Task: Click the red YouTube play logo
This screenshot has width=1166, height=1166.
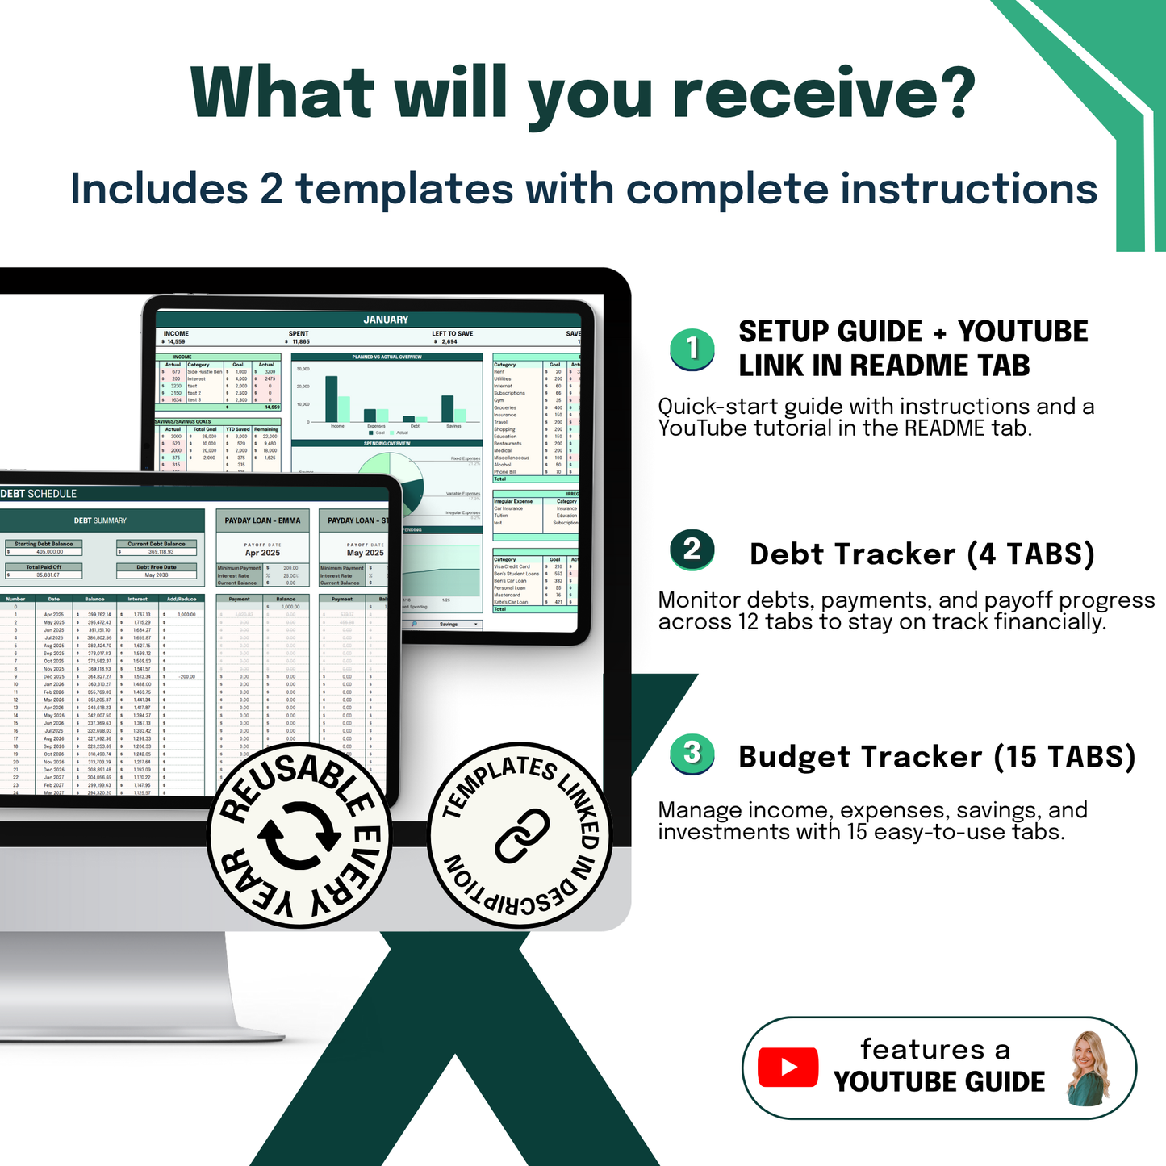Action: (788, 1068)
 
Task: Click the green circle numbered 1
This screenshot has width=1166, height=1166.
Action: (692, 349)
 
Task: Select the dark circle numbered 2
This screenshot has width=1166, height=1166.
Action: (692, 550)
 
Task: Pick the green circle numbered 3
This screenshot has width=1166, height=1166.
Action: (692, 754)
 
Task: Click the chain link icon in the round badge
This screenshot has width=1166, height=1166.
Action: (522, 835)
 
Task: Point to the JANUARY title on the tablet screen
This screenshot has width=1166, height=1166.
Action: (386, 320)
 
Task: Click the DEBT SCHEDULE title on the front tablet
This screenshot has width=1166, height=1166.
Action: (39, 494)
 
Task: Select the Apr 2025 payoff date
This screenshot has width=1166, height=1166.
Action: (262, 553)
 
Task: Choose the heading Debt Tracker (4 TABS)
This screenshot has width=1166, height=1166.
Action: (922, 554)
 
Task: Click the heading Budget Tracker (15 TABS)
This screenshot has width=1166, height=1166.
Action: (937, 757)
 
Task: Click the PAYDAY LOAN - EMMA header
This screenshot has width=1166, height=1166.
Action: (262, 520)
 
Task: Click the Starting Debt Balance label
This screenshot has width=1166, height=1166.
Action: (44, 544)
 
